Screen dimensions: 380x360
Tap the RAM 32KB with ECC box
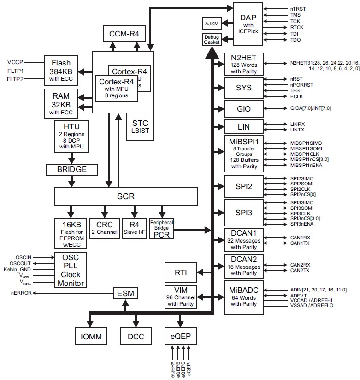[61, 102]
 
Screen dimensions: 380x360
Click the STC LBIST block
[140, 127]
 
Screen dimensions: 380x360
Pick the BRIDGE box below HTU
[72, 169]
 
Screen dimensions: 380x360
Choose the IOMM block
[91, 336]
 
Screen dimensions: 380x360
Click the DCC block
[136, 336]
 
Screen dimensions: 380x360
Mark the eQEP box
[181, 336]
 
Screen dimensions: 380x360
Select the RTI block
[181, 272]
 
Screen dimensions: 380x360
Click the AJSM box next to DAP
[211, 23]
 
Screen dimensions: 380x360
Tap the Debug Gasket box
[211, 40]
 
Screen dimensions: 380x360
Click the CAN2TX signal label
[300, 270]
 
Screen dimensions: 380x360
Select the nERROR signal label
[21, 293]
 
